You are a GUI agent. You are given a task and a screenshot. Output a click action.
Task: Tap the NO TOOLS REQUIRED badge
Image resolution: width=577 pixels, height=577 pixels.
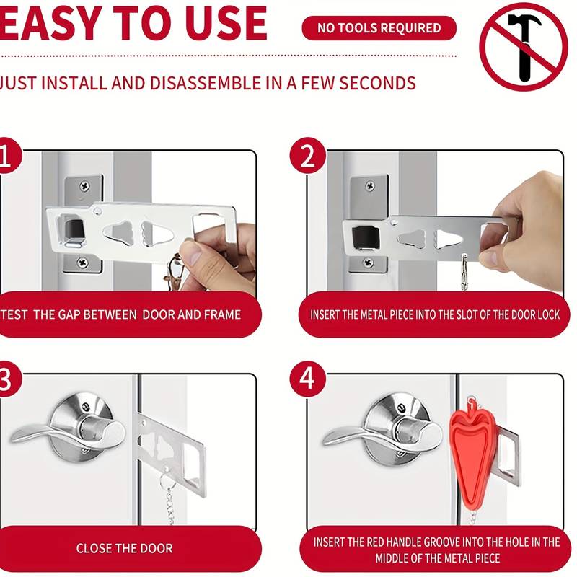coord(379,28)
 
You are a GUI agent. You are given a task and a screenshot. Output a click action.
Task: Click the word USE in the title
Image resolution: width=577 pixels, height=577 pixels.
coord(226,23)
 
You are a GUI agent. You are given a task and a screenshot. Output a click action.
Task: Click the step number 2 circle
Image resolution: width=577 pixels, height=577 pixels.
coord(308,156)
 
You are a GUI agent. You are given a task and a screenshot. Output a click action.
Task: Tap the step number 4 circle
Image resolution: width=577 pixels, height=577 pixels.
coord(308,379)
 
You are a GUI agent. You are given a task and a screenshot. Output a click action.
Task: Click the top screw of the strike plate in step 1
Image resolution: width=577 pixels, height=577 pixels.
coord(85,185)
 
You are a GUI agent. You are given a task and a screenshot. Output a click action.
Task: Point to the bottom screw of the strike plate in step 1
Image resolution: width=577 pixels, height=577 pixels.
coord(82,263)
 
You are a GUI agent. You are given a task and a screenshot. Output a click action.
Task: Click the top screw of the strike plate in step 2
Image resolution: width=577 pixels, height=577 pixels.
coord(370,186)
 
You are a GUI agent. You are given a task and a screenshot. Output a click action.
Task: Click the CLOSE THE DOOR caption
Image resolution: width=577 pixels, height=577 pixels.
coord(124,548)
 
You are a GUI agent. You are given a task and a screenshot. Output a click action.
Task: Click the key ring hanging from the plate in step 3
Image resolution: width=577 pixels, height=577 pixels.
coord(165,480)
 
